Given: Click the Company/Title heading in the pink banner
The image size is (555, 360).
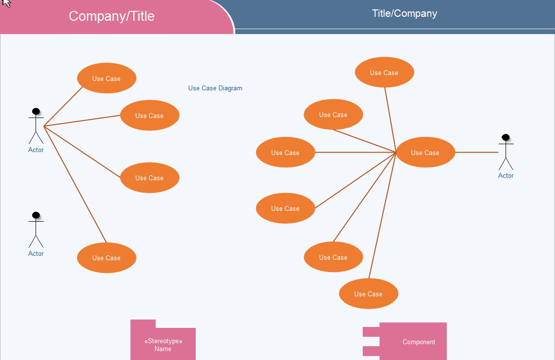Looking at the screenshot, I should tap(112, 16).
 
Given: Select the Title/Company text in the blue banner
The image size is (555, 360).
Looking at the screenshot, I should tap(404, 13).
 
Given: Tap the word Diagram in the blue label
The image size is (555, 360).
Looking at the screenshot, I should tap(230, 88).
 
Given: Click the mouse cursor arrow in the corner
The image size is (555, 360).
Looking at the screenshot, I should tap(5, 3).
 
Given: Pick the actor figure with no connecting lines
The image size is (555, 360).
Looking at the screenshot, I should tap(36, 230).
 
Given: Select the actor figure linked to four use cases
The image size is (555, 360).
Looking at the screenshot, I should tap(36, 126).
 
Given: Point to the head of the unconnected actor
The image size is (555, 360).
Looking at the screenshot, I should tap(36, 215).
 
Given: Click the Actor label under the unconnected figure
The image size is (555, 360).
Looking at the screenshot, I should tap(36, 254).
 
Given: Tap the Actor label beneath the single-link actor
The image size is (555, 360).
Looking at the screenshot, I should tap(506, 176).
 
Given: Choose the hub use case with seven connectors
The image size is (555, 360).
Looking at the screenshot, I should tap(425, 153).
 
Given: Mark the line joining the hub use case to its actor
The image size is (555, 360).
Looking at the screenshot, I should tap(476, 153).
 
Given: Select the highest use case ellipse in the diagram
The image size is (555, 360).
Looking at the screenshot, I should tap(384, 73).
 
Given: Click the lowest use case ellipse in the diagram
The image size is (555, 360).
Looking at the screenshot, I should tap(368, 294).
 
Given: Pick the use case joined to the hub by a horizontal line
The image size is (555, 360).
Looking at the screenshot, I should tap(285, 153).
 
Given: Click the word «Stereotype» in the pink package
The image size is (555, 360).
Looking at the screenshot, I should tap(163, 341).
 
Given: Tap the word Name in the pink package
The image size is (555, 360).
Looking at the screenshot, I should tap(163, 349).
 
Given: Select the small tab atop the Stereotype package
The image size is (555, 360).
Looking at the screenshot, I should tap(143, 323).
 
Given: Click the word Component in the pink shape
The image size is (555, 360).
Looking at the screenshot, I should tap(419, 342).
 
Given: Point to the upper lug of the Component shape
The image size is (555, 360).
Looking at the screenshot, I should tap(371, 331).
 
